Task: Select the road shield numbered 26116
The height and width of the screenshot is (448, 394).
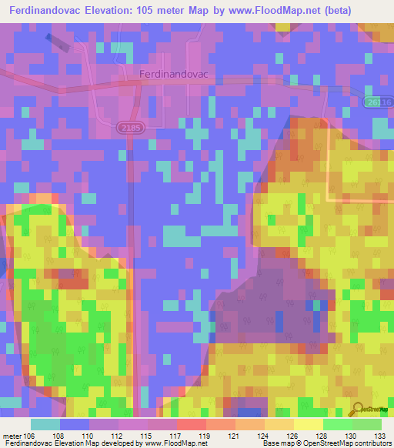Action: (x=379, y=102)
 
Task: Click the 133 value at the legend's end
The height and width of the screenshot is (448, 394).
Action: (x=379, y=436)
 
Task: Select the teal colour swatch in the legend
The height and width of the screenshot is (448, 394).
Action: (x=45, y=424)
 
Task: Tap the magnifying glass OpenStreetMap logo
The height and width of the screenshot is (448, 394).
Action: (x=359, y=410)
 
